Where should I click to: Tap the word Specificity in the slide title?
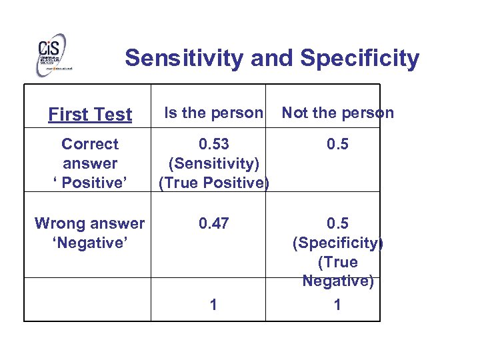pyautogui.click(x=360, y=58)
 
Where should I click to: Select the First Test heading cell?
pyautogui.click(x=90, y=115)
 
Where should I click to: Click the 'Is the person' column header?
pyautogui.click(x=213, y=113)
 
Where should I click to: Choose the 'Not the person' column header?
pyautogui.click(x=337, y=113)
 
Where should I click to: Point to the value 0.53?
pyautogui.click(x=213, y=144)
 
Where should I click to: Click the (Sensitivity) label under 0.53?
pyautogui.click(x=213, y=163)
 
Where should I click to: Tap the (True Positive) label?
pyautogui.click(x=213, y=183)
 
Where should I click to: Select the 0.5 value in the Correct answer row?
pyautogui.click(x=337, y=144)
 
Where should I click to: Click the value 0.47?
pyautogui.click(x=213, y=223)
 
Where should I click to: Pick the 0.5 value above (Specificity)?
pyautogui.click(x=337, y=223)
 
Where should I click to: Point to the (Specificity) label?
pyautogui.click(x=337, y=243)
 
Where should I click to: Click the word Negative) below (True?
pyautogui.click(x=337, y=281)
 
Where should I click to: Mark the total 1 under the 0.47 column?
pyautogui.click(x=213, y=305)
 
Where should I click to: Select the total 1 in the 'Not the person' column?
pyautogui.click(x=337, y=305)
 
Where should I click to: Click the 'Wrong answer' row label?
pyautogui.click(x=89, y=223)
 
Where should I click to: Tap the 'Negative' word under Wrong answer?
pyautogui.click(x=89, y=243)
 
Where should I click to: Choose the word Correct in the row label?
pyautogui.click(x=89, y=144)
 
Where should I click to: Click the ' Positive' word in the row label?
pyautogui.click(x=89, y=183)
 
